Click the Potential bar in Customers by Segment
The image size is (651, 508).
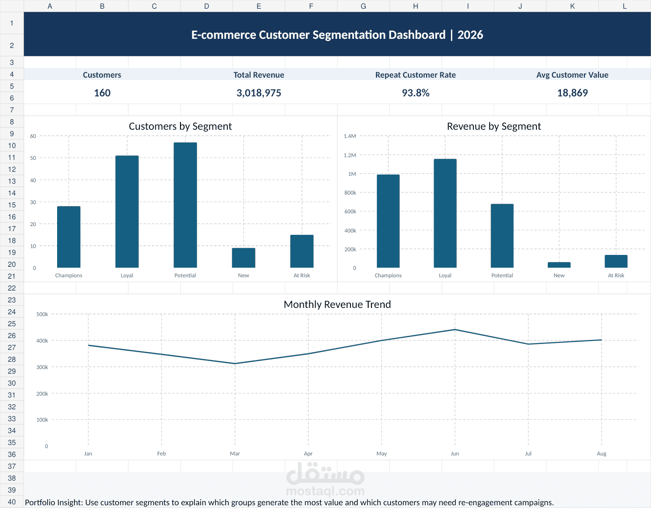click(185, 205)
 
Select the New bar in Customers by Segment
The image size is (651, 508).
click(243, 258)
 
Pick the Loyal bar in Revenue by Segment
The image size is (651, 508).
click(445, 213)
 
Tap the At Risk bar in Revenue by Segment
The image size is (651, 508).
click(616, 261)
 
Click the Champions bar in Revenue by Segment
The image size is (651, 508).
click(388, 221)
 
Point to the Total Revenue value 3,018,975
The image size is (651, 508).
click(259, 93)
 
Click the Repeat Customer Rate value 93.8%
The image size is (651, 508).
click(416, 93)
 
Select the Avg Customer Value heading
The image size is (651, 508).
click(572, 75)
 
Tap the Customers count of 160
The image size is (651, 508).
click(102, 93)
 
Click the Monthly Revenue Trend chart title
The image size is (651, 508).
click(337, 304)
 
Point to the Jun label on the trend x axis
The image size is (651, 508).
click(455, 454)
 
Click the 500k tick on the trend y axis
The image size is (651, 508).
click(42, 314)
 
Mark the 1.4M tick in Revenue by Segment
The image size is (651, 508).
click(350, 136)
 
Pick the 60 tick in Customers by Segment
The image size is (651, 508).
click(33, 136)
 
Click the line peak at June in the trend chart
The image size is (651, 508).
click(455, 329)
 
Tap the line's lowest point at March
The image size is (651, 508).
click(235, 364)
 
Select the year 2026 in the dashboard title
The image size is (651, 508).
click(470, 35)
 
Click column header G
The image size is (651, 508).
click(363, 6)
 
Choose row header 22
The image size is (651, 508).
click(12, 288)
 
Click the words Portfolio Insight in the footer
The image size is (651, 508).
click(53, 503)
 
